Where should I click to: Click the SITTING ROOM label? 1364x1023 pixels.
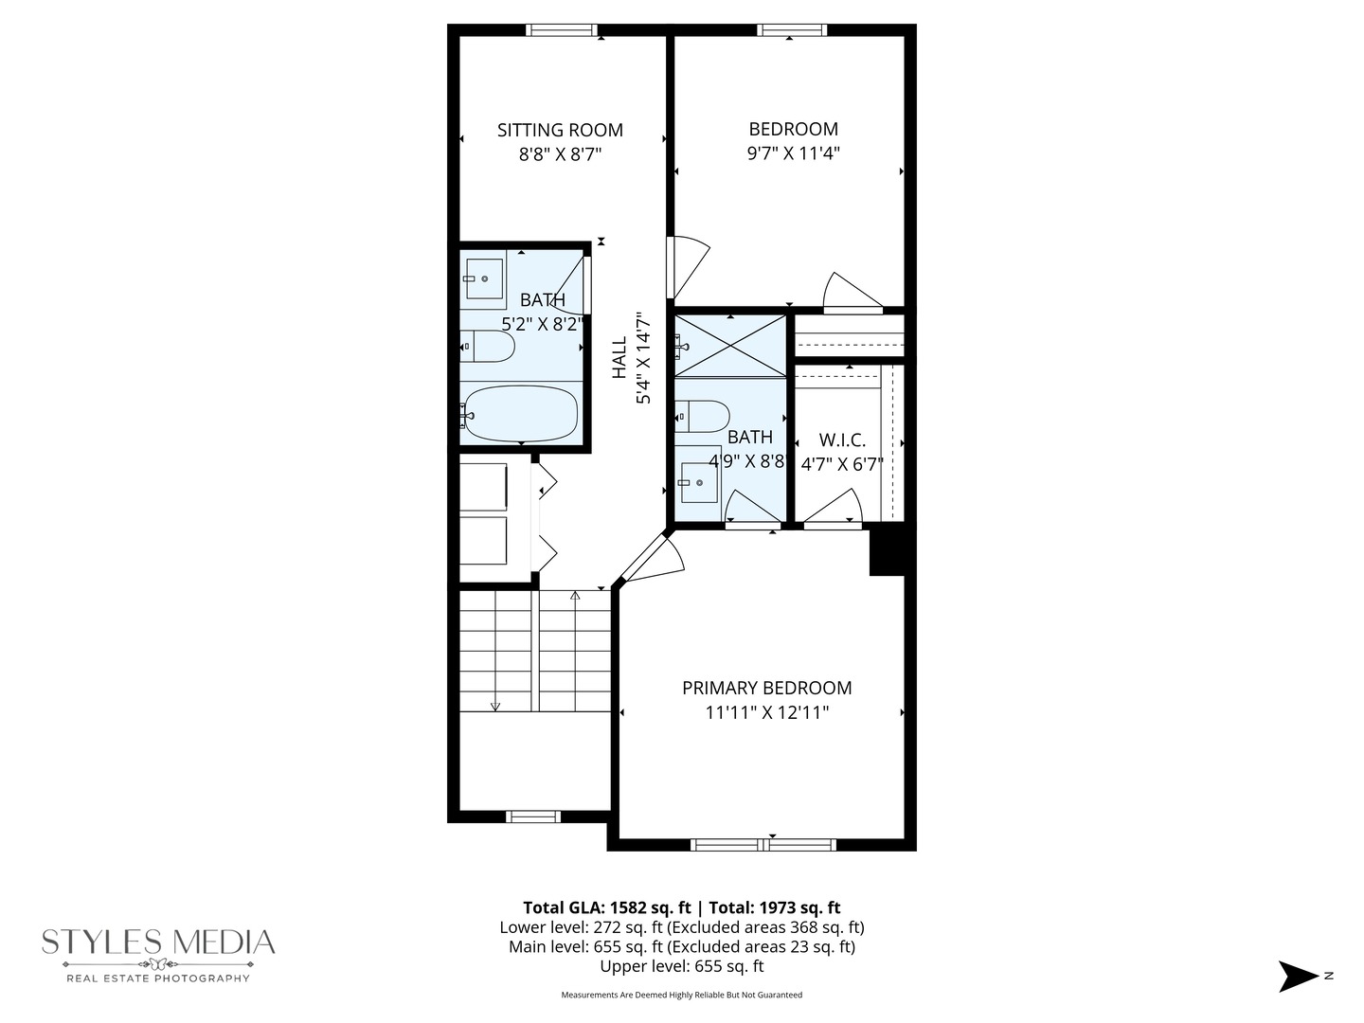pyautogui.click(x=560, y=130)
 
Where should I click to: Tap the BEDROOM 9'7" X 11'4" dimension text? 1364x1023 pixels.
pyautogui.click(x=793, y=153)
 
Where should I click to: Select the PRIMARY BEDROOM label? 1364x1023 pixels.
pyautogui.click(x=766, y=688)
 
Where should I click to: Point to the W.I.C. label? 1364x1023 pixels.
pyautogui.click(x=841, y=440)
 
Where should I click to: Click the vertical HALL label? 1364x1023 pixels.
pyautogui.click(x=619, y=358)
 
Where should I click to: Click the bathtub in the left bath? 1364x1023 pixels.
pyautogui.click(x=520, y=414)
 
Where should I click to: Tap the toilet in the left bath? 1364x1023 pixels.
pyautogui.click(x=489, y=347)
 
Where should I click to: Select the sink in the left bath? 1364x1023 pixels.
pyautogui.click(x=484, y=278)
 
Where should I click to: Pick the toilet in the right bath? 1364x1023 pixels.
pyautogui.click(x=704, y=416)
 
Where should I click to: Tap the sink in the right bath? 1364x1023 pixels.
pyautogui.click(x=699, y=482)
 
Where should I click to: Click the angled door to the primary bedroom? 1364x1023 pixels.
pyautogui.click(x=652, y=561)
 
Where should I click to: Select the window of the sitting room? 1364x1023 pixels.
pyautogui.click(x=562, y=30)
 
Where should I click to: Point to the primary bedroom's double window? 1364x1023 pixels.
pyautogui.click(x=763, y=844)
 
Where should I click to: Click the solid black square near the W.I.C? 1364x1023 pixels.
pyautogui.click(x=888, y=551)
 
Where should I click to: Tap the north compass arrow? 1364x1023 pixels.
pyautogui.click(x=1298, y=976)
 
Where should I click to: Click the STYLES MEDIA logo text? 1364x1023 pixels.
pyautogui.click(x=158, y=942)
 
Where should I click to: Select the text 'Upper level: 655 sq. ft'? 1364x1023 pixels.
pyautogui.click(x=681, y=966)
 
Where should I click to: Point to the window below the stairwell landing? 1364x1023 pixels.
pyautogui.click(x=533, y=817)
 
